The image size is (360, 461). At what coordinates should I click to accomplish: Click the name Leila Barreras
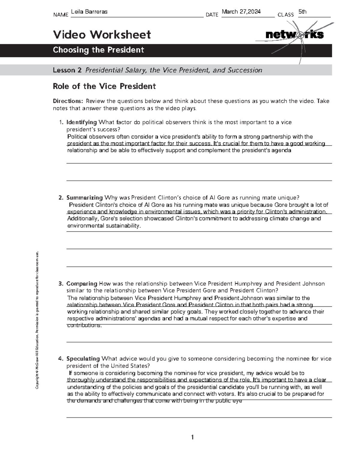tap(89, 12)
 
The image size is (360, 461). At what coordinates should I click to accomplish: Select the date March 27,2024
tap(241, 12)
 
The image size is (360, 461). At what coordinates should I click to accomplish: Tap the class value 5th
tap(302, 12)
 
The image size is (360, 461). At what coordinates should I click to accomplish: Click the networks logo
tap(294, 35)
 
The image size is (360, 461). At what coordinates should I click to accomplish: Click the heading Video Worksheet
tap(102, 35)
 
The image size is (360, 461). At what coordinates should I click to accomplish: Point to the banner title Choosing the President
tap(98, 50)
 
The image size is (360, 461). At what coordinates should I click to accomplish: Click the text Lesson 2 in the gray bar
tap(67, 70)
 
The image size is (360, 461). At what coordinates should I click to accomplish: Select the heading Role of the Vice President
tap(104, 86)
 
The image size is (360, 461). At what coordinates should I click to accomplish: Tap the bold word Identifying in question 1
tap(81, 122)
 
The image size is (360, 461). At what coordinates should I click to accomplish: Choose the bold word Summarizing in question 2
tap(84, 197)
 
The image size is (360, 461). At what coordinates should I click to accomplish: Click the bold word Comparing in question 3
tap(82, 284)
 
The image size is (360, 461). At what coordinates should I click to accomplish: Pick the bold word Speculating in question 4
tap(83, 359)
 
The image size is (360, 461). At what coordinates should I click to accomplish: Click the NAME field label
tap(61, 15)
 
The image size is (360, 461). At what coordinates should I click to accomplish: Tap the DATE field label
tap(212, 15)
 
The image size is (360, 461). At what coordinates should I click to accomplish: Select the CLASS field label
tap(286, 15)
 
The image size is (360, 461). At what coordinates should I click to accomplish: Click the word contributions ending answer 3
tap(84, 325)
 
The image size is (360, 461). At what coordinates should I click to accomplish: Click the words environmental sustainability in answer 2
tap(103, 226)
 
